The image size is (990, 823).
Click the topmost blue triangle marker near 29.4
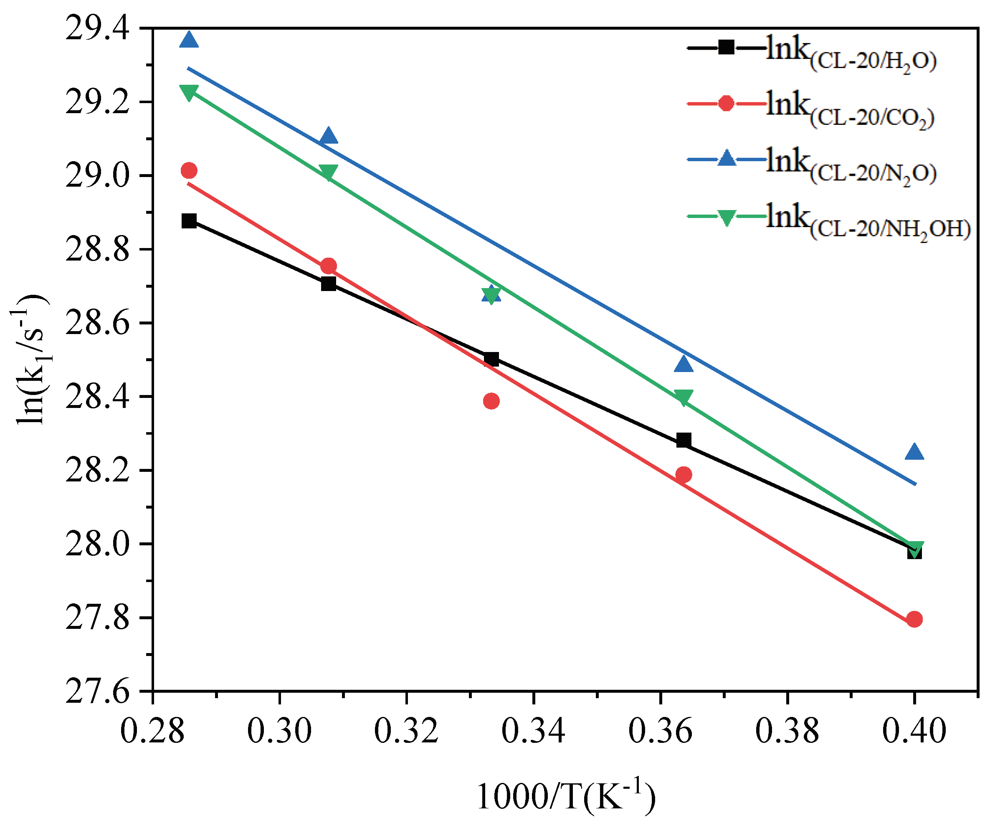pos(189,40)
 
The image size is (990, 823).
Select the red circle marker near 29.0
pos(189,170)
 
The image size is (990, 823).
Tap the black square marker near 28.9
pos(189,220)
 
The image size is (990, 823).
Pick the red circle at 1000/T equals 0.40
pos(914,619)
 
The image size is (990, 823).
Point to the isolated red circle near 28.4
pos(491,401)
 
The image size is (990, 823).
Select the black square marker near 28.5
pos(491,359)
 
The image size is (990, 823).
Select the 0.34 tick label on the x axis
pos(533,731)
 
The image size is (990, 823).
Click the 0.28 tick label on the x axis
pos(152,731)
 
